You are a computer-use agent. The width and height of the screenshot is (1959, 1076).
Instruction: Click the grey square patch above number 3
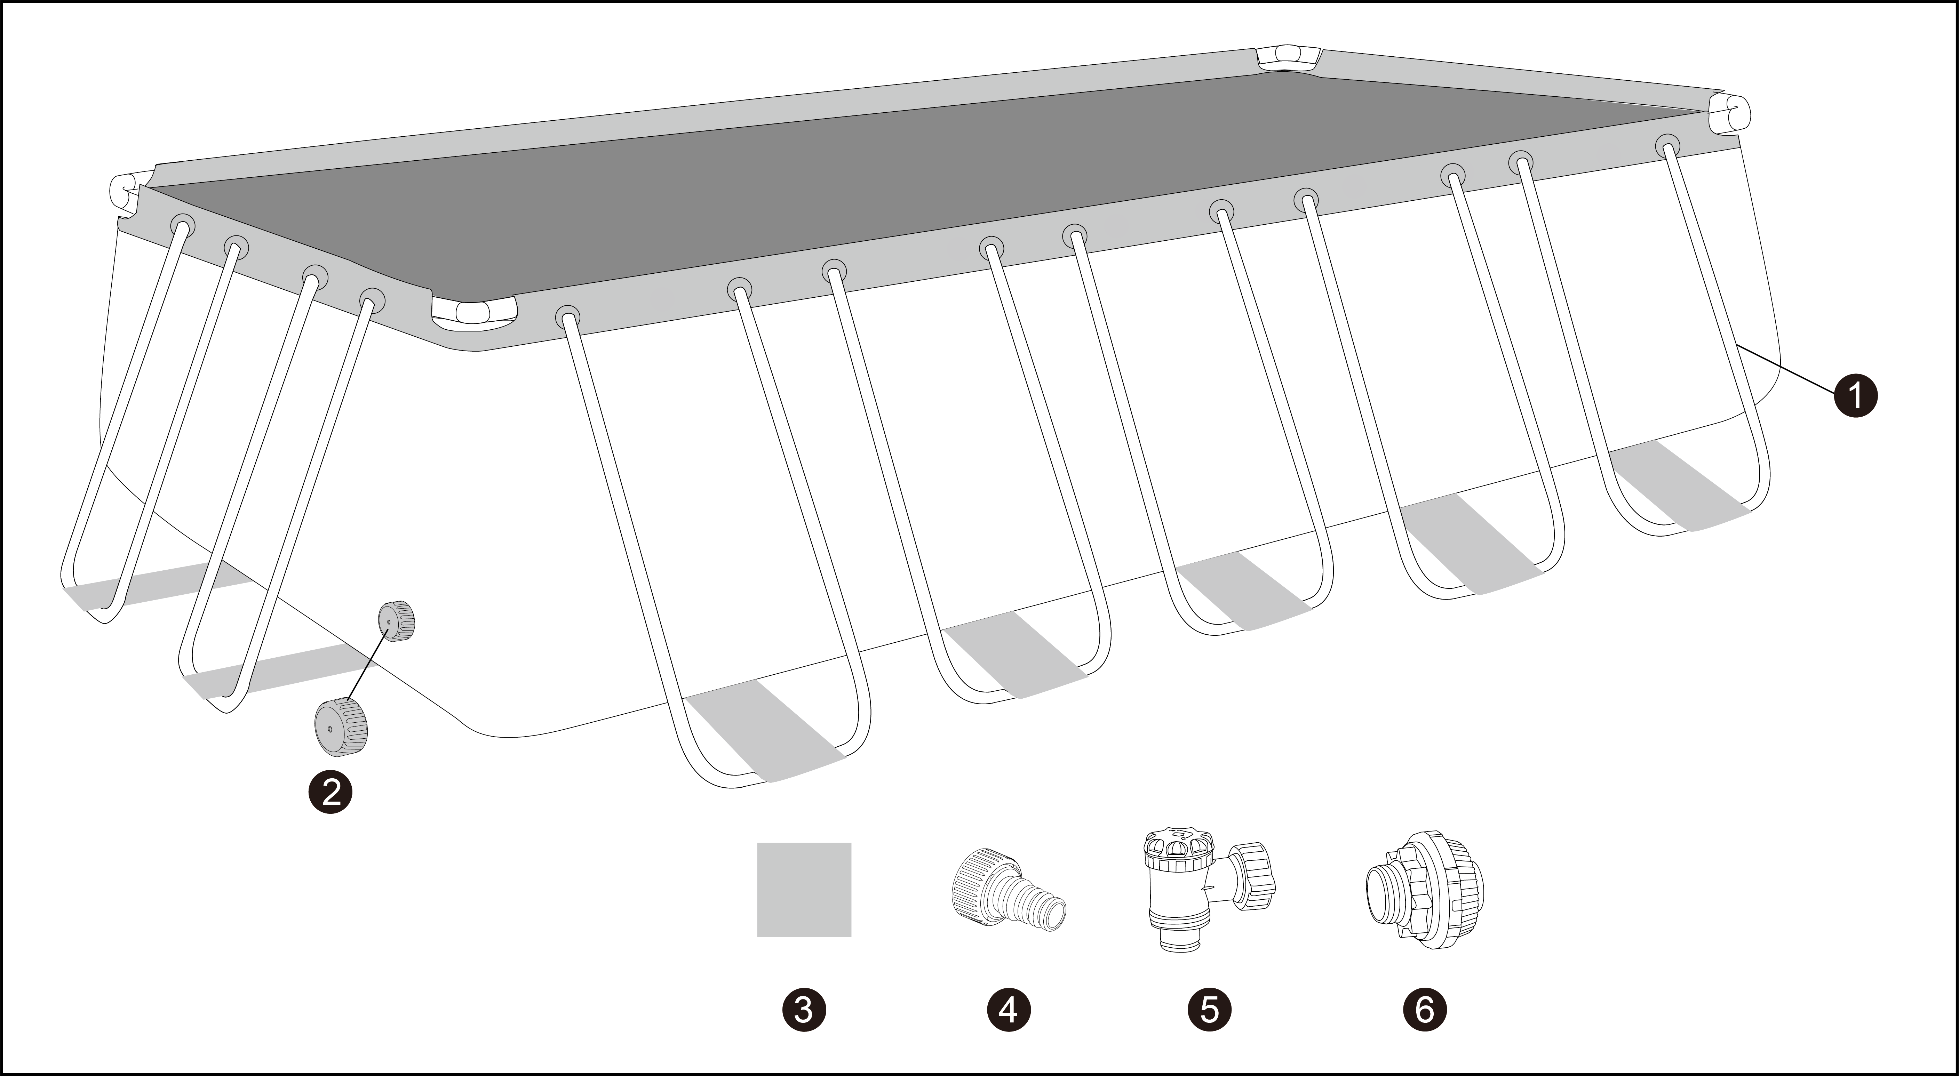coord(804,890)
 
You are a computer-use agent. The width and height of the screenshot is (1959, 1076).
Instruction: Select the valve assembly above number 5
coord(1209,888)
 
